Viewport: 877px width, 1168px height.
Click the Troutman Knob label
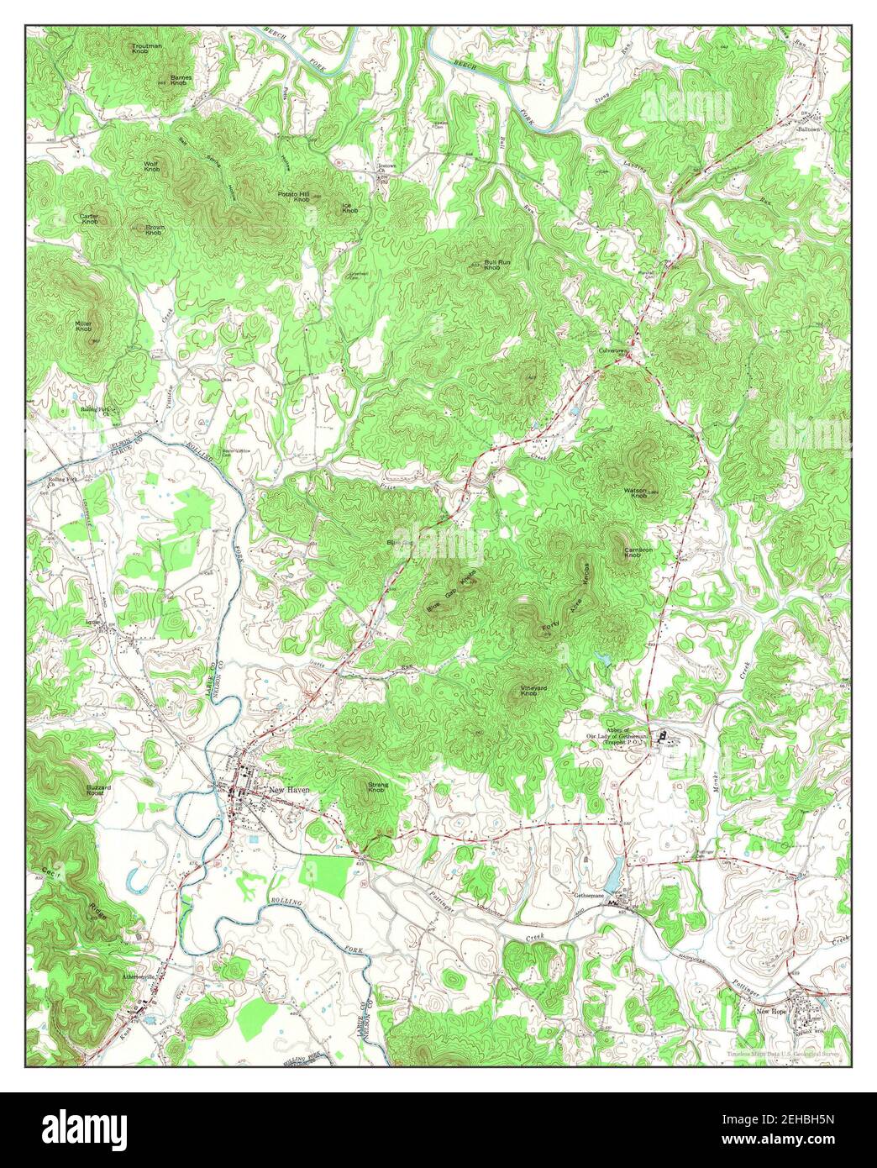click(x=147, y=49)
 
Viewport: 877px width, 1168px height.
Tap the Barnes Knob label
click(x=180, y=81)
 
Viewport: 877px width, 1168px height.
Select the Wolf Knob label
click(x=152, y=166)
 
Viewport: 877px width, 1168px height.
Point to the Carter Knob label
click(x=89, y=218)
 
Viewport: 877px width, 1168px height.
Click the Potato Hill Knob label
click(x=294, y=197)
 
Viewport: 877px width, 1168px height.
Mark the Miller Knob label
click(x=83, y=326)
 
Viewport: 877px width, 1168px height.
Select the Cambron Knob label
click(x=638, y=553)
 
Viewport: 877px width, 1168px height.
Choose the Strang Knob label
click(x=376, y=788)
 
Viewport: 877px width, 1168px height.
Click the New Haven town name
click(x=289, y=789)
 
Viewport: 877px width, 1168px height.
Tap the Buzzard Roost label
click(x=98, y=790)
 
